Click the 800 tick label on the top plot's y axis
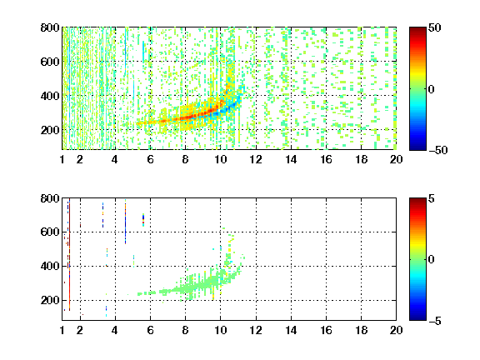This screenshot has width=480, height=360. pos(50,27)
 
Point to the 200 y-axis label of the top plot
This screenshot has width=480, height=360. pos(50,130)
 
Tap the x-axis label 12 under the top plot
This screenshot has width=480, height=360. pos(256,159)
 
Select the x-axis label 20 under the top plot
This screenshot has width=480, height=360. pos(396,159)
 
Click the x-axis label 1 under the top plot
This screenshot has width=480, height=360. pos(62,159)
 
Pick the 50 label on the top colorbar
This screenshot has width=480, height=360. pos(434,27)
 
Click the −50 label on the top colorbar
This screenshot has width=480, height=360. pos(438,150)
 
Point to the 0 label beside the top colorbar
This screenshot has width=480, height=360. pos(432,89)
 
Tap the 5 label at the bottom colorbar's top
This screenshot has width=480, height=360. pos(432,198)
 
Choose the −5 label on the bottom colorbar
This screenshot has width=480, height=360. pos(435,321)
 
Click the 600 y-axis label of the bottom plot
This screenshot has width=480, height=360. pos(50,232)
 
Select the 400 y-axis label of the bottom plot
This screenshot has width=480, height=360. pos(50,266)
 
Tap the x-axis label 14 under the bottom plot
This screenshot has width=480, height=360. pos(291,330)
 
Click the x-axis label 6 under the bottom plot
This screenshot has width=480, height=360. pos(150,330)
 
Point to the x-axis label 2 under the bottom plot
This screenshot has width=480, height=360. pos(80,330)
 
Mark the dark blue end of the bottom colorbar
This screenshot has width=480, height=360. pos(417,317)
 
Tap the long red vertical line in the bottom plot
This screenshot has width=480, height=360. pos(70,254)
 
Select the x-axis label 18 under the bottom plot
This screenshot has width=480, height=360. pos(361,330)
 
